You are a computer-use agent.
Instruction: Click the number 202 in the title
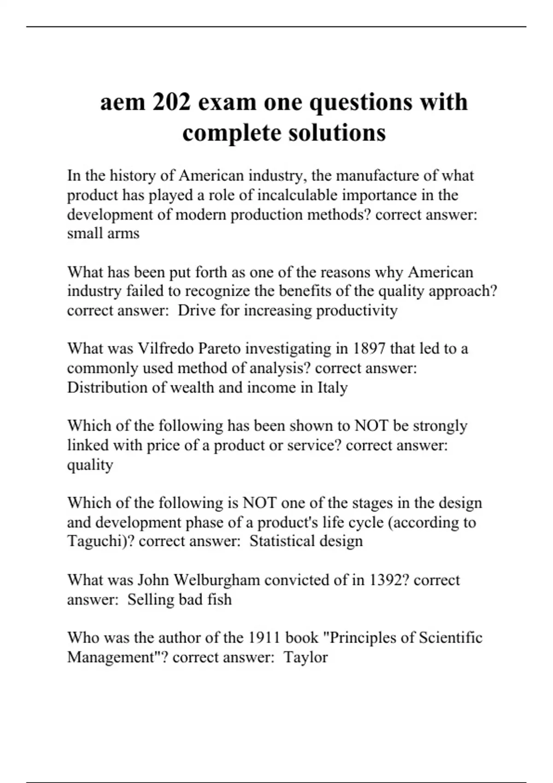[x=171, y=102]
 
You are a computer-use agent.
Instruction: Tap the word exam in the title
[x=227, y=102]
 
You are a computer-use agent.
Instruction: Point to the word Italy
[x=332, y=387]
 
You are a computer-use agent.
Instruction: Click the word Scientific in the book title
[x=450, y=638]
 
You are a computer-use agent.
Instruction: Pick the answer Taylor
[x=305, y=657]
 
